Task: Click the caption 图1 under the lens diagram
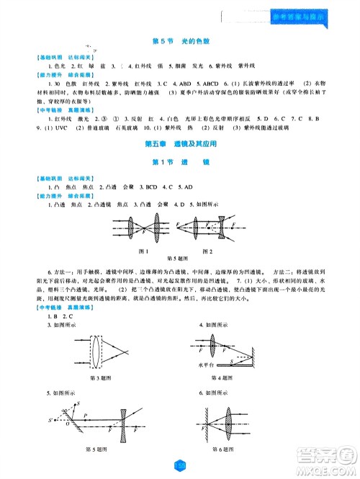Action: [x=142, y=250]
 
